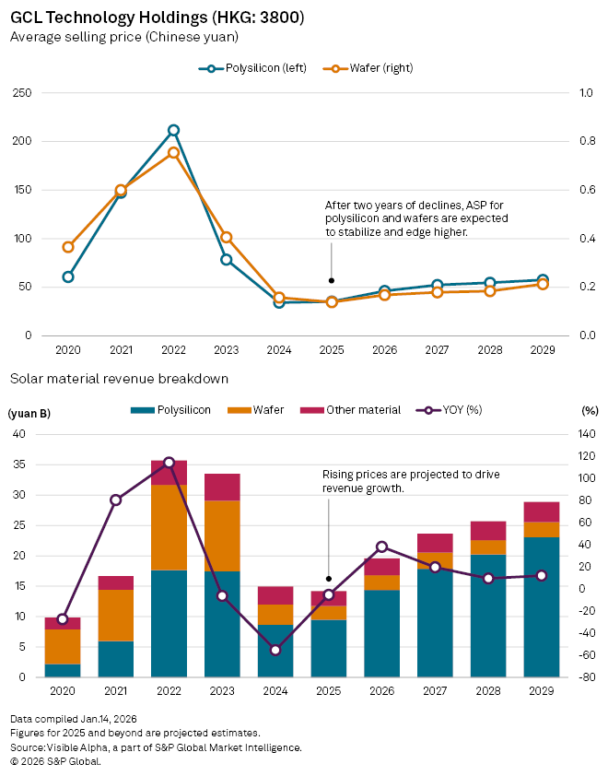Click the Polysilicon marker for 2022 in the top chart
tap(173, 131)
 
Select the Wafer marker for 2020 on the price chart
tap(68, 247)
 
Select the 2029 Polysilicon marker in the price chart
tap(543, 280)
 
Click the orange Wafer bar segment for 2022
tap(169, 527)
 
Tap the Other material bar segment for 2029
tap(543, 511)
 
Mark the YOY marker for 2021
tap(115, 500)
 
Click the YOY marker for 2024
tap(275, 650)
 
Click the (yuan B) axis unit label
tap(30, 413)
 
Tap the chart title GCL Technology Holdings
tap(158, 18)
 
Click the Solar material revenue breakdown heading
tap(119, 379)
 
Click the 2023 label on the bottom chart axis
tap(222, 690)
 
